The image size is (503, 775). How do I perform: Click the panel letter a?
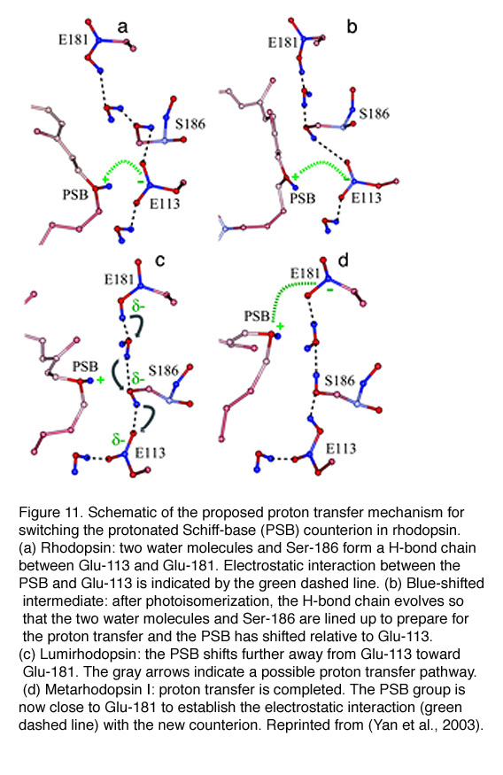tap(122, 27)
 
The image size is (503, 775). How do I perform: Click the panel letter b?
tap(352, 27)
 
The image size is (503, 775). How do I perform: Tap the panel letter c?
tap(159, 260)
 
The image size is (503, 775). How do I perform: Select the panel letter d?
tap(343, 260)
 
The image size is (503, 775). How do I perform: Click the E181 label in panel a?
tap(74, 40)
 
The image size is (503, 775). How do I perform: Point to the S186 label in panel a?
tap(190, 124)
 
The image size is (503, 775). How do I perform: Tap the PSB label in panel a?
tap(75, 195)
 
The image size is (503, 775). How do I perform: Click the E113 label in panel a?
tap(165, 204)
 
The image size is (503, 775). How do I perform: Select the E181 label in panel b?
tap(282, 43)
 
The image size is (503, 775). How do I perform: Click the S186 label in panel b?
tap(374, 113)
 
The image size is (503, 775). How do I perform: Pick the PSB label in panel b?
tap(302, 198)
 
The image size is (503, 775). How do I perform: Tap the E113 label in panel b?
tap(366, 198)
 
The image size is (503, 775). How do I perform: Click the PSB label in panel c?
tap(86, 367)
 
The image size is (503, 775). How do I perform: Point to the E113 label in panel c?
tap(151, 453)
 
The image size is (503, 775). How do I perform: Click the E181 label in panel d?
tap(305, 274)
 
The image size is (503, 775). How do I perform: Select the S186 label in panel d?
tap(340, 381)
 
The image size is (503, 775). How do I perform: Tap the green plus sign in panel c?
tap(101, 380)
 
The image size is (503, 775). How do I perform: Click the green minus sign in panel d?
tap(329, 290)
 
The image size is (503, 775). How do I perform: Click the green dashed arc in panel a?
tap(123, 161)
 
